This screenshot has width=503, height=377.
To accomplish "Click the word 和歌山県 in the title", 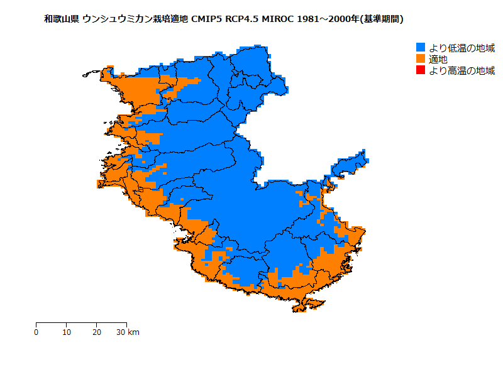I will tap(61, 19).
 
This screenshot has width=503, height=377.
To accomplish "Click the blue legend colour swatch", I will tap(421, 48).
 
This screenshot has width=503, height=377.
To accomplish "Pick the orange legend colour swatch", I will tap(421, 59).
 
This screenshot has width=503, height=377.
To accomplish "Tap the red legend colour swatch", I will tap(421, 70).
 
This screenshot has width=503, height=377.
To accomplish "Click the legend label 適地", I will tap(438, 59).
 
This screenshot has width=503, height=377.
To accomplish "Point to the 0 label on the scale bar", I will tap(36, 332).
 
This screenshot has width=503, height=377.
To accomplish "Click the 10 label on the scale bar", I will tap(67, 332).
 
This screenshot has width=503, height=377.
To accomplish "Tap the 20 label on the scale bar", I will tap(96, 332).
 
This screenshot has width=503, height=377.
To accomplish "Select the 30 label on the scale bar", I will tap(121, 332).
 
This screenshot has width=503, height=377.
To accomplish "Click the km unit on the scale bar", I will tap(133, 332).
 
